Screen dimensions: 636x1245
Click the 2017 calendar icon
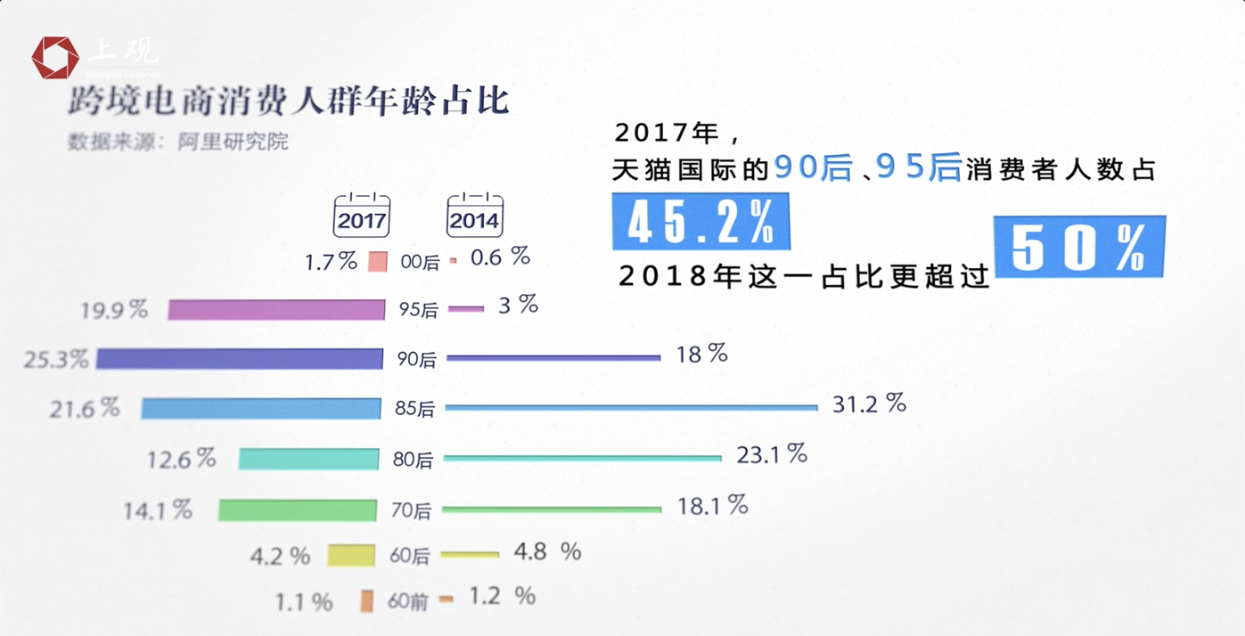click(361, 215)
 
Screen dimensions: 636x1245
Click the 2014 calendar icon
click(474, 215)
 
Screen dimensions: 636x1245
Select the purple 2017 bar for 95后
click(276, 310)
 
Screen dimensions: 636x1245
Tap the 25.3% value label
click(56, 360)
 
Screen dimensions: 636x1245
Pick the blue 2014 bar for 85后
click(631, 407)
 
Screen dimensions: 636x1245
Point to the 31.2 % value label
click(869, 404)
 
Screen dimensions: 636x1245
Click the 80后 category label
click(412, 460)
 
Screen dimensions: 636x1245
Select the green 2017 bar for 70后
click(298, 510)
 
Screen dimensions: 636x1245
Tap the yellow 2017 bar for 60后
click(351, 556)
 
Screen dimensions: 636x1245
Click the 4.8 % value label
click(546, 552)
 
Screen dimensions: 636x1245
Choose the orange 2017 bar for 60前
click(366, 601)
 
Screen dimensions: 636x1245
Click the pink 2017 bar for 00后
click(378, 262)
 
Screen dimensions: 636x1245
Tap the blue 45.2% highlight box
click(700, 222)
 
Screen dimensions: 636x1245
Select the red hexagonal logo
click(55, 58)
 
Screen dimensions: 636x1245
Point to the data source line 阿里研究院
click(178, 142)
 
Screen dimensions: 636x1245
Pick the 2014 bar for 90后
click(553, 358)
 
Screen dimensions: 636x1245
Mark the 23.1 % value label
click(771, 455)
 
